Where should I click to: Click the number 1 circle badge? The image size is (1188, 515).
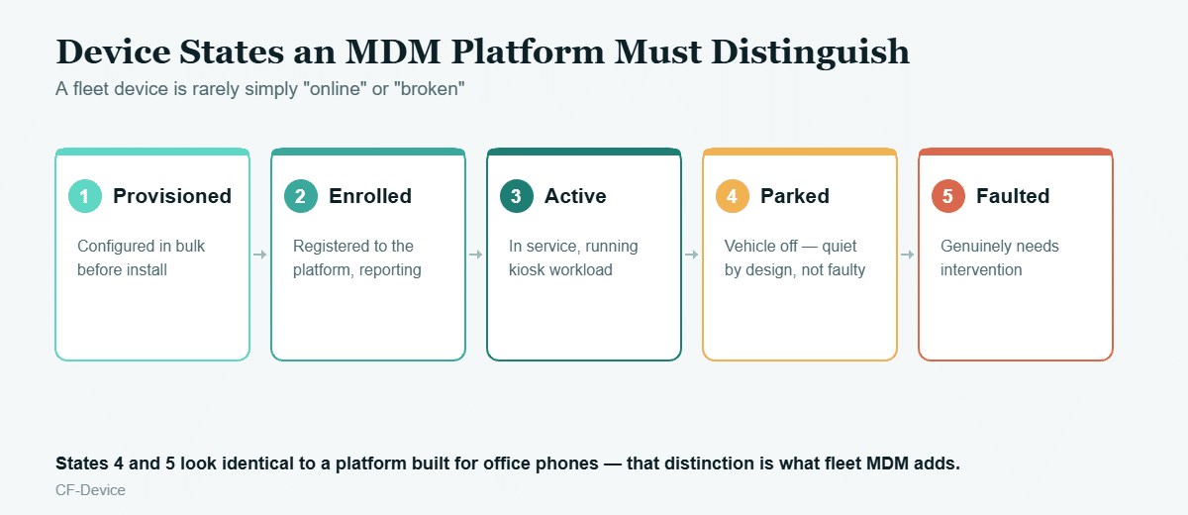click(x=85, y=196)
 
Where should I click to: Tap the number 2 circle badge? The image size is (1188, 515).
click(x=301, y=196)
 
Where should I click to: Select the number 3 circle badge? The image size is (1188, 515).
click(x=517, y=196)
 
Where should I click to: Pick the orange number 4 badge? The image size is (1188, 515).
click(x=733, y=196)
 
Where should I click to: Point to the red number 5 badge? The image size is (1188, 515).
click(x=948, y=196)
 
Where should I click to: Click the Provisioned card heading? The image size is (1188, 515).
click(x=172, y=197)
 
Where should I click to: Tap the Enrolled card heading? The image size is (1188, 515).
click(x=370, y=196)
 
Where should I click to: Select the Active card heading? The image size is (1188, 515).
click(x=575, y=196)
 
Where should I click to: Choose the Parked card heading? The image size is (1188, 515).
click(x=795, y=196)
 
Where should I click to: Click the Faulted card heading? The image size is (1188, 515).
click(x=1013, y=196)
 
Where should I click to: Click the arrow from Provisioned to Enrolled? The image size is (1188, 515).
click(x=259, y=255)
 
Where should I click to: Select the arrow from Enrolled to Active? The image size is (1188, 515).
click(x=476, y=255)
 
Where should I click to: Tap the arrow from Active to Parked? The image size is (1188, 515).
click(x=692, y=255)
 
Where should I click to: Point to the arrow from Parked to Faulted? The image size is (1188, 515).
click(x=908, y=255)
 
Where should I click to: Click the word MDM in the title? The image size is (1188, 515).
click(x=393, y=51)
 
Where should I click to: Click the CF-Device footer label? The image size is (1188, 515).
click(x=91, y=490)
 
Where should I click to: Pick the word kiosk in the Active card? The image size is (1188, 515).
click(x=528, y=269)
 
